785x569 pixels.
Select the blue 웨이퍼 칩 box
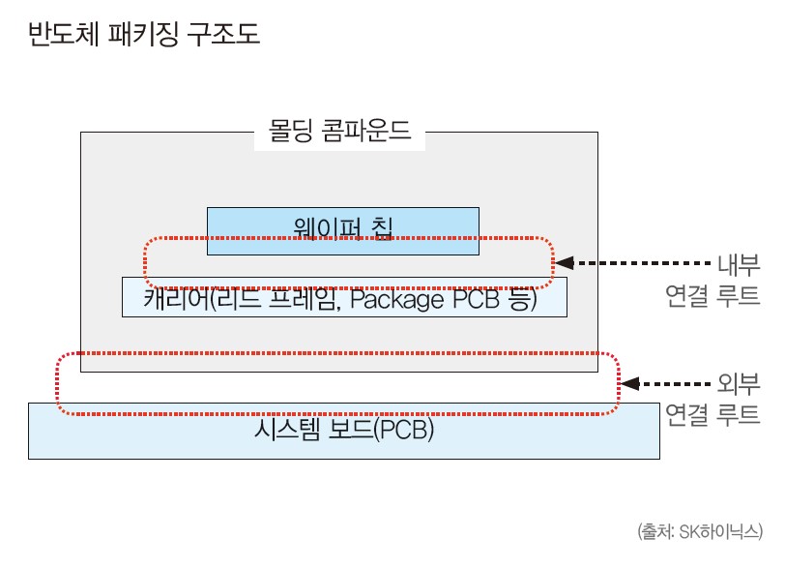(x=343, y=229)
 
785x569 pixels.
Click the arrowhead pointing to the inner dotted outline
(x=566, y=262)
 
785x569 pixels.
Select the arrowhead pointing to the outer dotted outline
(x=628, y=383)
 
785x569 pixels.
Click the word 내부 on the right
(x=739, y=263)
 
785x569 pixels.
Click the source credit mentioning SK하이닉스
(x=701, y=531)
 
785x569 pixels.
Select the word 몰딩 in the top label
(x=291, y=132)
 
